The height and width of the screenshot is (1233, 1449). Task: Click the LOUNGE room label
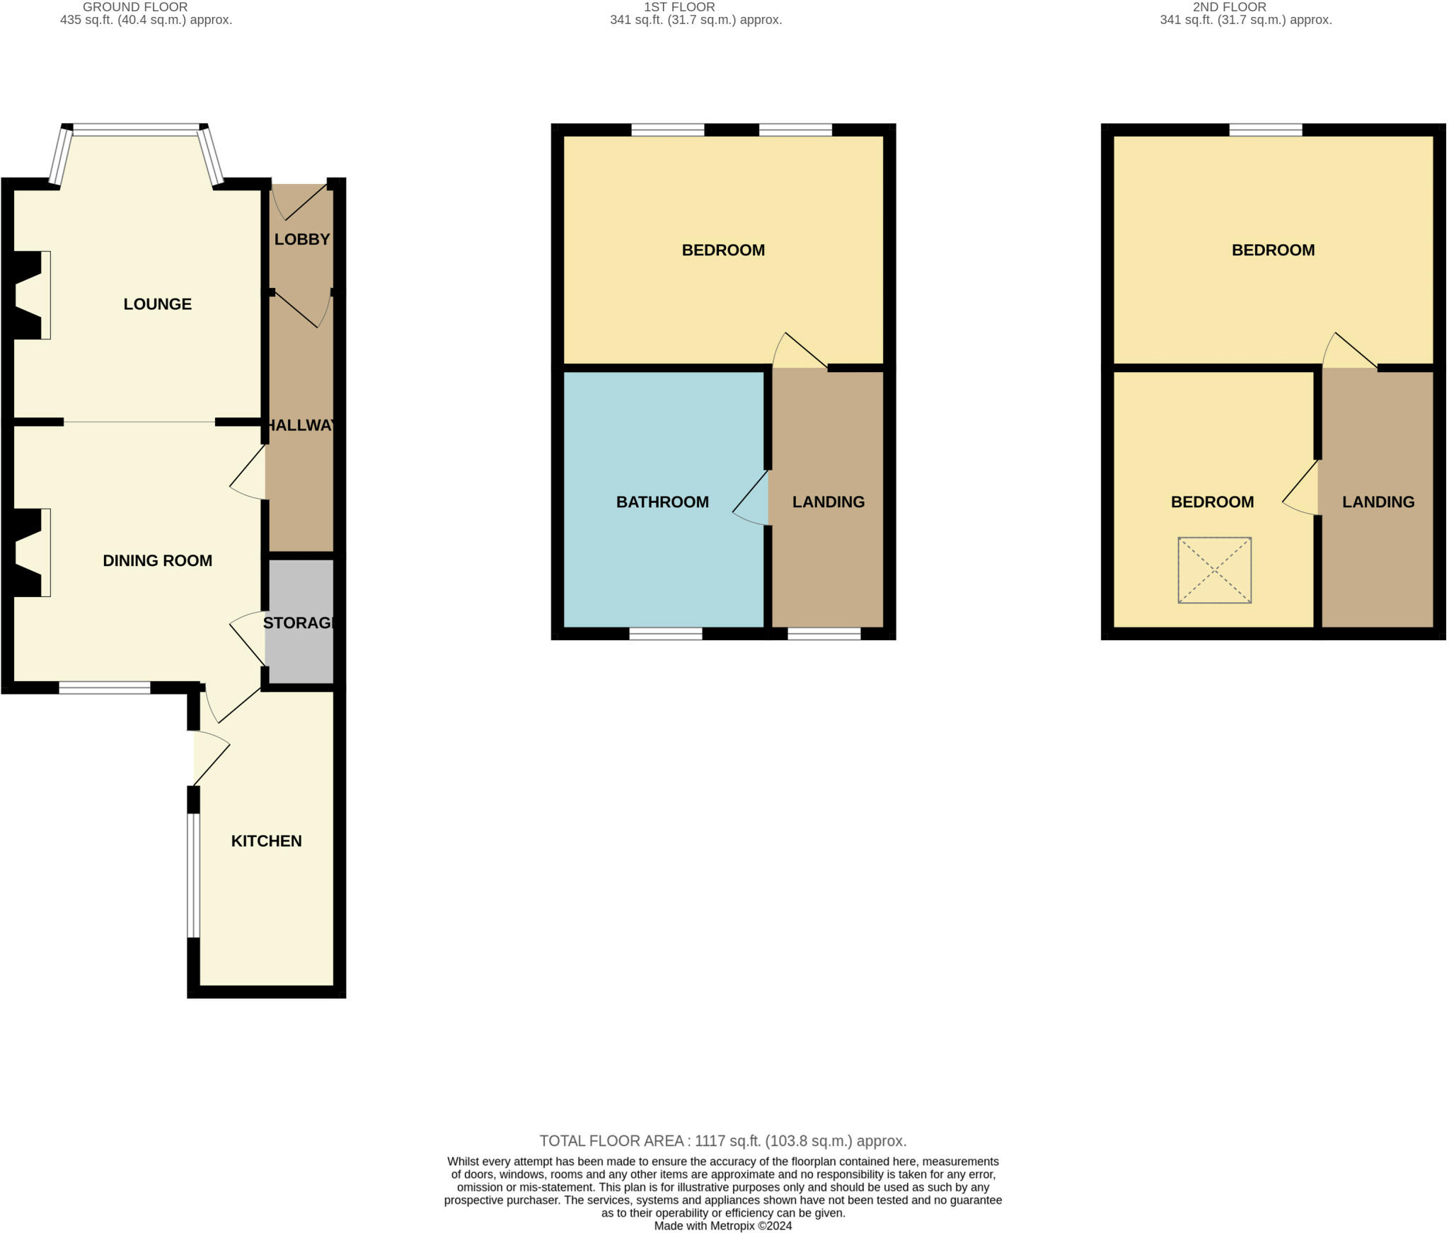pyautogui.click(x=157, y=304)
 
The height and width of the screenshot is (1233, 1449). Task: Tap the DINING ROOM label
pyautogui.click(x=157, y=561)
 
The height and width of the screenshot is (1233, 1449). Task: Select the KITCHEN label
pyautogui.click(x=266, y=841)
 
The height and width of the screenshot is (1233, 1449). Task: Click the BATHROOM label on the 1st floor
pyautogui.click(x=662, y=502)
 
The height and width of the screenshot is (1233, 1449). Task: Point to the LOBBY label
pyautogui.click(x=302, y=239)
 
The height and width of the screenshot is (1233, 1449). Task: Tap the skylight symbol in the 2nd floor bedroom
pyautogui.click(x=1214, y=570)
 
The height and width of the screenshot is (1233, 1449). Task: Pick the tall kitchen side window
pyautogui.click(x=193, y=875)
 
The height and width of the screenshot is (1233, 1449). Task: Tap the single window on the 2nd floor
pyautogui.click(x=1265, y=129)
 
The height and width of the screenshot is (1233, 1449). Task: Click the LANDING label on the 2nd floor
pyautogui.click(x=1378, y=502)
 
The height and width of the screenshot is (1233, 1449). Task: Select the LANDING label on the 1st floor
pyautogui.click(x=828, y=502)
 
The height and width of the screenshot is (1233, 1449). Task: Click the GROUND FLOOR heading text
pyautogui.click(x=135, y=7)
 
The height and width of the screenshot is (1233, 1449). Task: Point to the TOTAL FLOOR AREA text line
pyautogui.click(x=722, y=1140)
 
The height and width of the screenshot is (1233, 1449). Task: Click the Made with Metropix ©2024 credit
pyautogui.click(x=722, y=1226)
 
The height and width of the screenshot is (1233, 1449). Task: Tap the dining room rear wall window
pyautogui.click(x=104, y=687)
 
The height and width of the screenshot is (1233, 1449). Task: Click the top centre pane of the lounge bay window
pyautogui.click(x=136, y=129)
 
